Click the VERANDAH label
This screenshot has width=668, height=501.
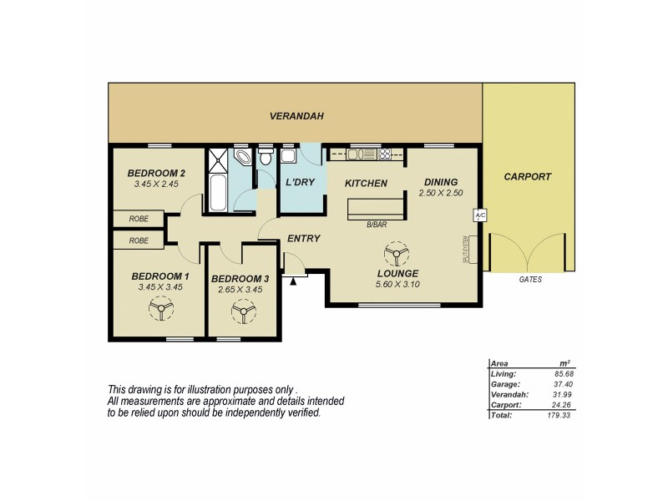click(296, 116)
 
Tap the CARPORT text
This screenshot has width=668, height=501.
click(528, 177)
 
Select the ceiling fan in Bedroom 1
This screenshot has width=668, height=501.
click(159, 310)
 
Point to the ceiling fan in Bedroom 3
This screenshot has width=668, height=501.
click(243, 312)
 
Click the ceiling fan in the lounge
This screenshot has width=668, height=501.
click(395, 254)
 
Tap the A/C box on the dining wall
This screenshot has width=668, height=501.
click(479, 216)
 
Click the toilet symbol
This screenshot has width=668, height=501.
click(266, 157)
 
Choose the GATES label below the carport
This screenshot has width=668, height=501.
click(529, 280)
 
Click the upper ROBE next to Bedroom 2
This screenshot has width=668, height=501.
click(139, 219)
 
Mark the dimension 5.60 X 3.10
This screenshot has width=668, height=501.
click(397, 285)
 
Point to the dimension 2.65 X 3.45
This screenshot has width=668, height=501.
click(240, 289)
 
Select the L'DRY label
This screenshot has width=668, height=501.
click(299, 183)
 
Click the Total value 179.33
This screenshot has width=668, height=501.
click(561, 413)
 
